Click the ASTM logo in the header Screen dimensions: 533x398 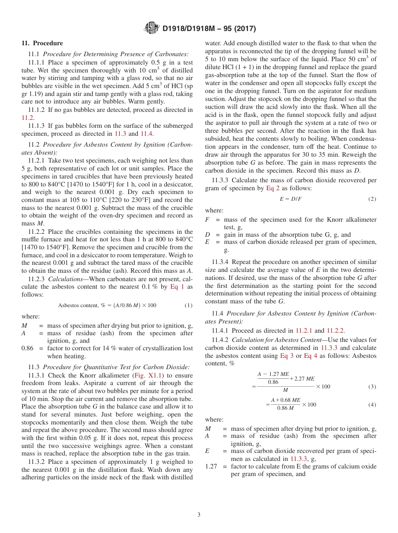click(151, 28)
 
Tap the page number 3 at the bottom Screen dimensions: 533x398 click(199, 515)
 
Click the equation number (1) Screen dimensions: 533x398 click(189, 305)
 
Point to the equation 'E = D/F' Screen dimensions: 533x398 click(290, 199)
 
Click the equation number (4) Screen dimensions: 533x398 click(372, 405)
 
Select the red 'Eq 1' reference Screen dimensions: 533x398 click(177, 287)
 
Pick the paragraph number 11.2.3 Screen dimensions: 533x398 click(37, 279)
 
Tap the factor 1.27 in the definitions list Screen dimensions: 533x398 click(211, 466)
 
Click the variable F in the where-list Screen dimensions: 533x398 click(207, 220)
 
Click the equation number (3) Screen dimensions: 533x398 click(372, 387)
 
